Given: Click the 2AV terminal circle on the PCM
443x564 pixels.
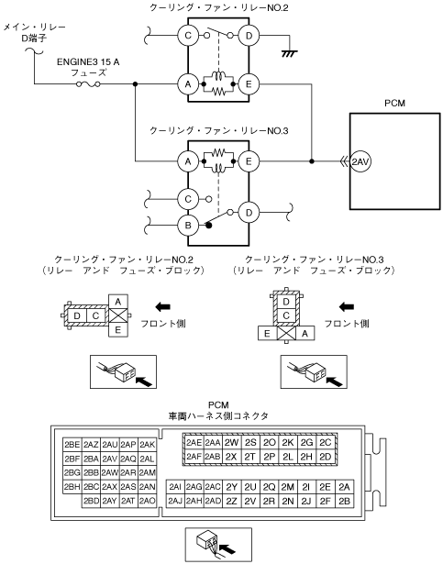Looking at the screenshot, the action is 360,161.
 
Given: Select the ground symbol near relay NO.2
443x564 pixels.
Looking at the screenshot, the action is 289,53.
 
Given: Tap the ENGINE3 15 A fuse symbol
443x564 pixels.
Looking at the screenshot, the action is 88,84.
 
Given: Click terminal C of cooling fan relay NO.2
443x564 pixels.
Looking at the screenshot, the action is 188,35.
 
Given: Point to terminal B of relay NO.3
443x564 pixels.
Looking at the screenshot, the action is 188,226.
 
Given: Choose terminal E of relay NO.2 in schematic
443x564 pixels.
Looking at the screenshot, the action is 249,84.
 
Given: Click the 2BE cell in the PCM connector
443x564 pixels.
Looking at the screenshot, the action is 72,445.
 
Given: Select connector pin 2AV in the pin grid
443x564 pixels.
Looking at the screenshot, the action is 110,459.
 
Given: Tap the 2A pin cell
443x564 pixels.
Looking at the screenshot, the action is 344,487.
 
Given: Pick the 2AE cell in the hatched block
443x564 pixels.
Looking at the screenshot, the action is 194,442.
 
